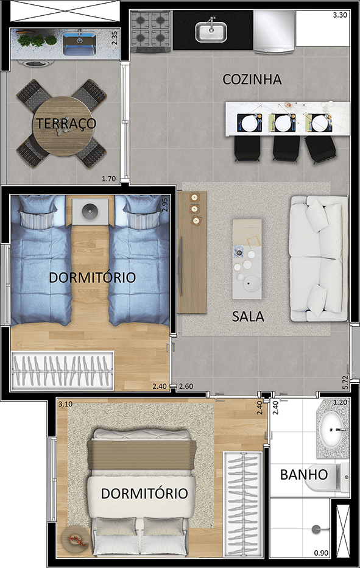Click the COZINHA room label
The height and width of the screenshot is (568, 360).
[x=252, y=79]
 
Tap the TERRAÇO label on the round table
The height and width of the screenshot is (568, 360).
[x=66, y=123]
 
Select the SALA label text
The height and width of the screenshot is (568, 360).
[x=248, y=317]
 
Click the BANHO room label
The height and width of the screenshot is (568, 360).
[x=304, y=475]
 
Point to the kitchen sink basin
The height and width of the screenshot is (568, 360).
[x=211, y=31]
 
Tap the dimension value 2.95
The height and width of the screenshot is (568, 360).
[x=164, y=204]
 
